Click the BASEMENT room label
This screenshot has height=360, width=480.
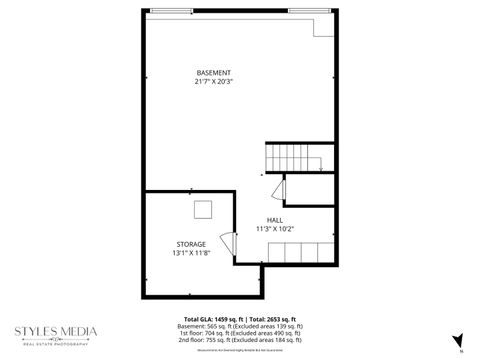pyautogui.click(x=214, y=73)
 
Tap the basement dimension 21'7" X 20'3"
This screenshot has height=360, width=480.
pyautogui.click(x=214, y=81)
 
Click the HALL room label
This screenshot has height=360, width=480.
pyautogui.click(x=274, y=220)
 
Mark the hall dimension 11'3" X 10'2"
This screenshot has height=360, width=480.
pyautogui.click(x=274, y=228)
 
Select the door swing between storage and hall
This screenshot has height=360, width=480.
pyautogui.click(x=227, y=244)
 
